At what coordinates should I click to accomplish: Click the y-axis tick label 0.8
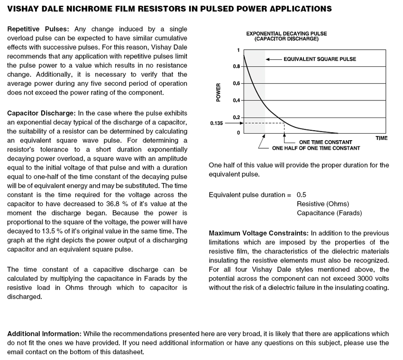point(236,66)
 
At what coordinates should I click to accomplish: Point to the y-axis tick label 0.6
point(236,83)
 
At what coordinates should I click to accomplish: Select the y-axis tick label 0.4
point(236,100)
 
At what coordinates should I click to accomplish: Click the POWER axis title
point(219,92)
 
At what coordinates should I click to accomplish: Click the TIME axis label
point(382,138)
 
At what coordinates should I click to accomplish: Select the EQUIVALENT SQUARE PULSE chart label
point(320,59)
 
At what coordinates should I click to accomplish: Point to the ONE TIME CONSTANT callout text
point(325,142)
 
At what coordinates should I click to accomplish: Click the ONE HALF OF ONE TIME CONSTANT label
point(316,148)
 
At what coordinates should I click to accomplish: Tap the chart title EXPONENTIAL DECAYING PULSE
point(286,34)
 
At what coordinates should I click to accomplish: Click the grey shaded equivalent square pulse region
point(255,95)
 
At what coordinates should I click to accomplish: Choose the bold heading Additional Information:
point(44,334)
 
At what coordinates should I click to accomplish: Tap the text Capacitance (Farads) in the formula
point(329,213)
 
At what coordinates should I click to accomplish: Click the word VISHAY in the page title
point(22,9)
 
